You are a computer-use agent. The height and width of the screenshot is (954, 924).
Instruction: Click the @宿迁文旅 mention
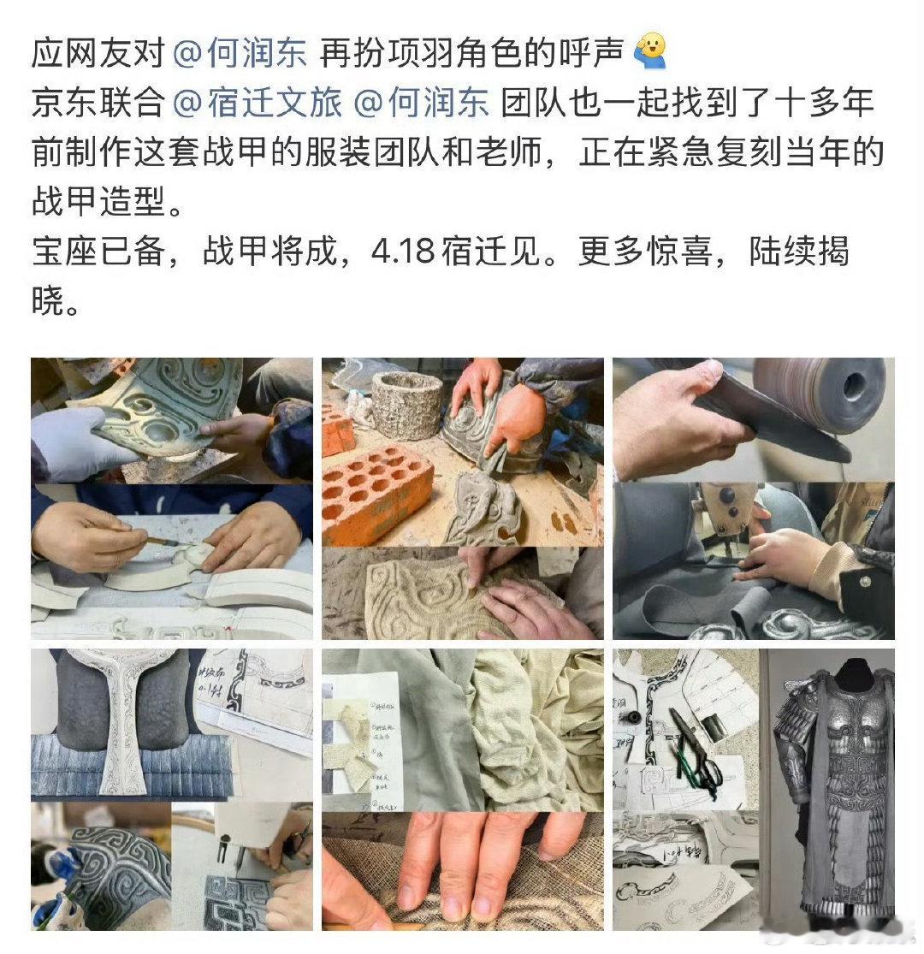[257, 104]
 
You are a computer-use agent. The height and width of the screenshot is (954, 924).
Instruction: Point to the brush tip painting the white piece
[171, 541]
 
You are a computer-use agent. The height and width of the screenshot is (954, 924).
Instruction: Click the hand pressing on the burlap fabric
[462, 864]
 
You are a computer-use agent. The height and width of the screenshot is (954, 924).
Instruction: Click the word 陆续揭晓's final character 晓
[48, 303]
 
